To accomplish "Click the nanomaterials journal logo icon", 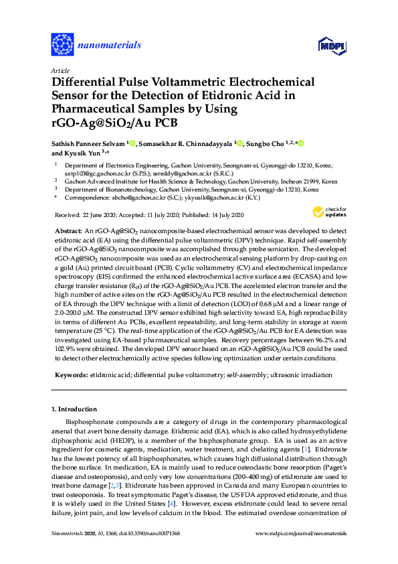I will click(x=62, y=45).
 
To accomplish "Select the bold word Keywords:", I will click(x=71, y=374).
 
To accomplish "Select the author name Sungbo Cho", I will click(x=266, y=143).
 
